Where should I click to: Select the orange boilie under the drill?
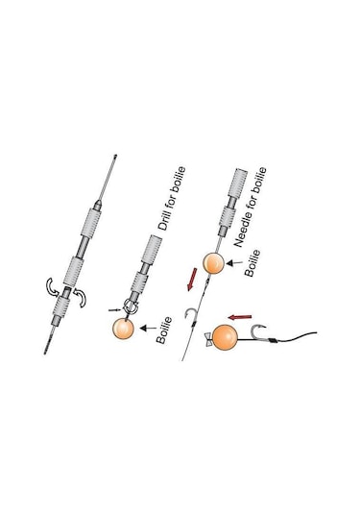[125, 329]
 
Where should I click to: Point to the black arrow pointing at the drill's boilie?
[149, 329]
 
